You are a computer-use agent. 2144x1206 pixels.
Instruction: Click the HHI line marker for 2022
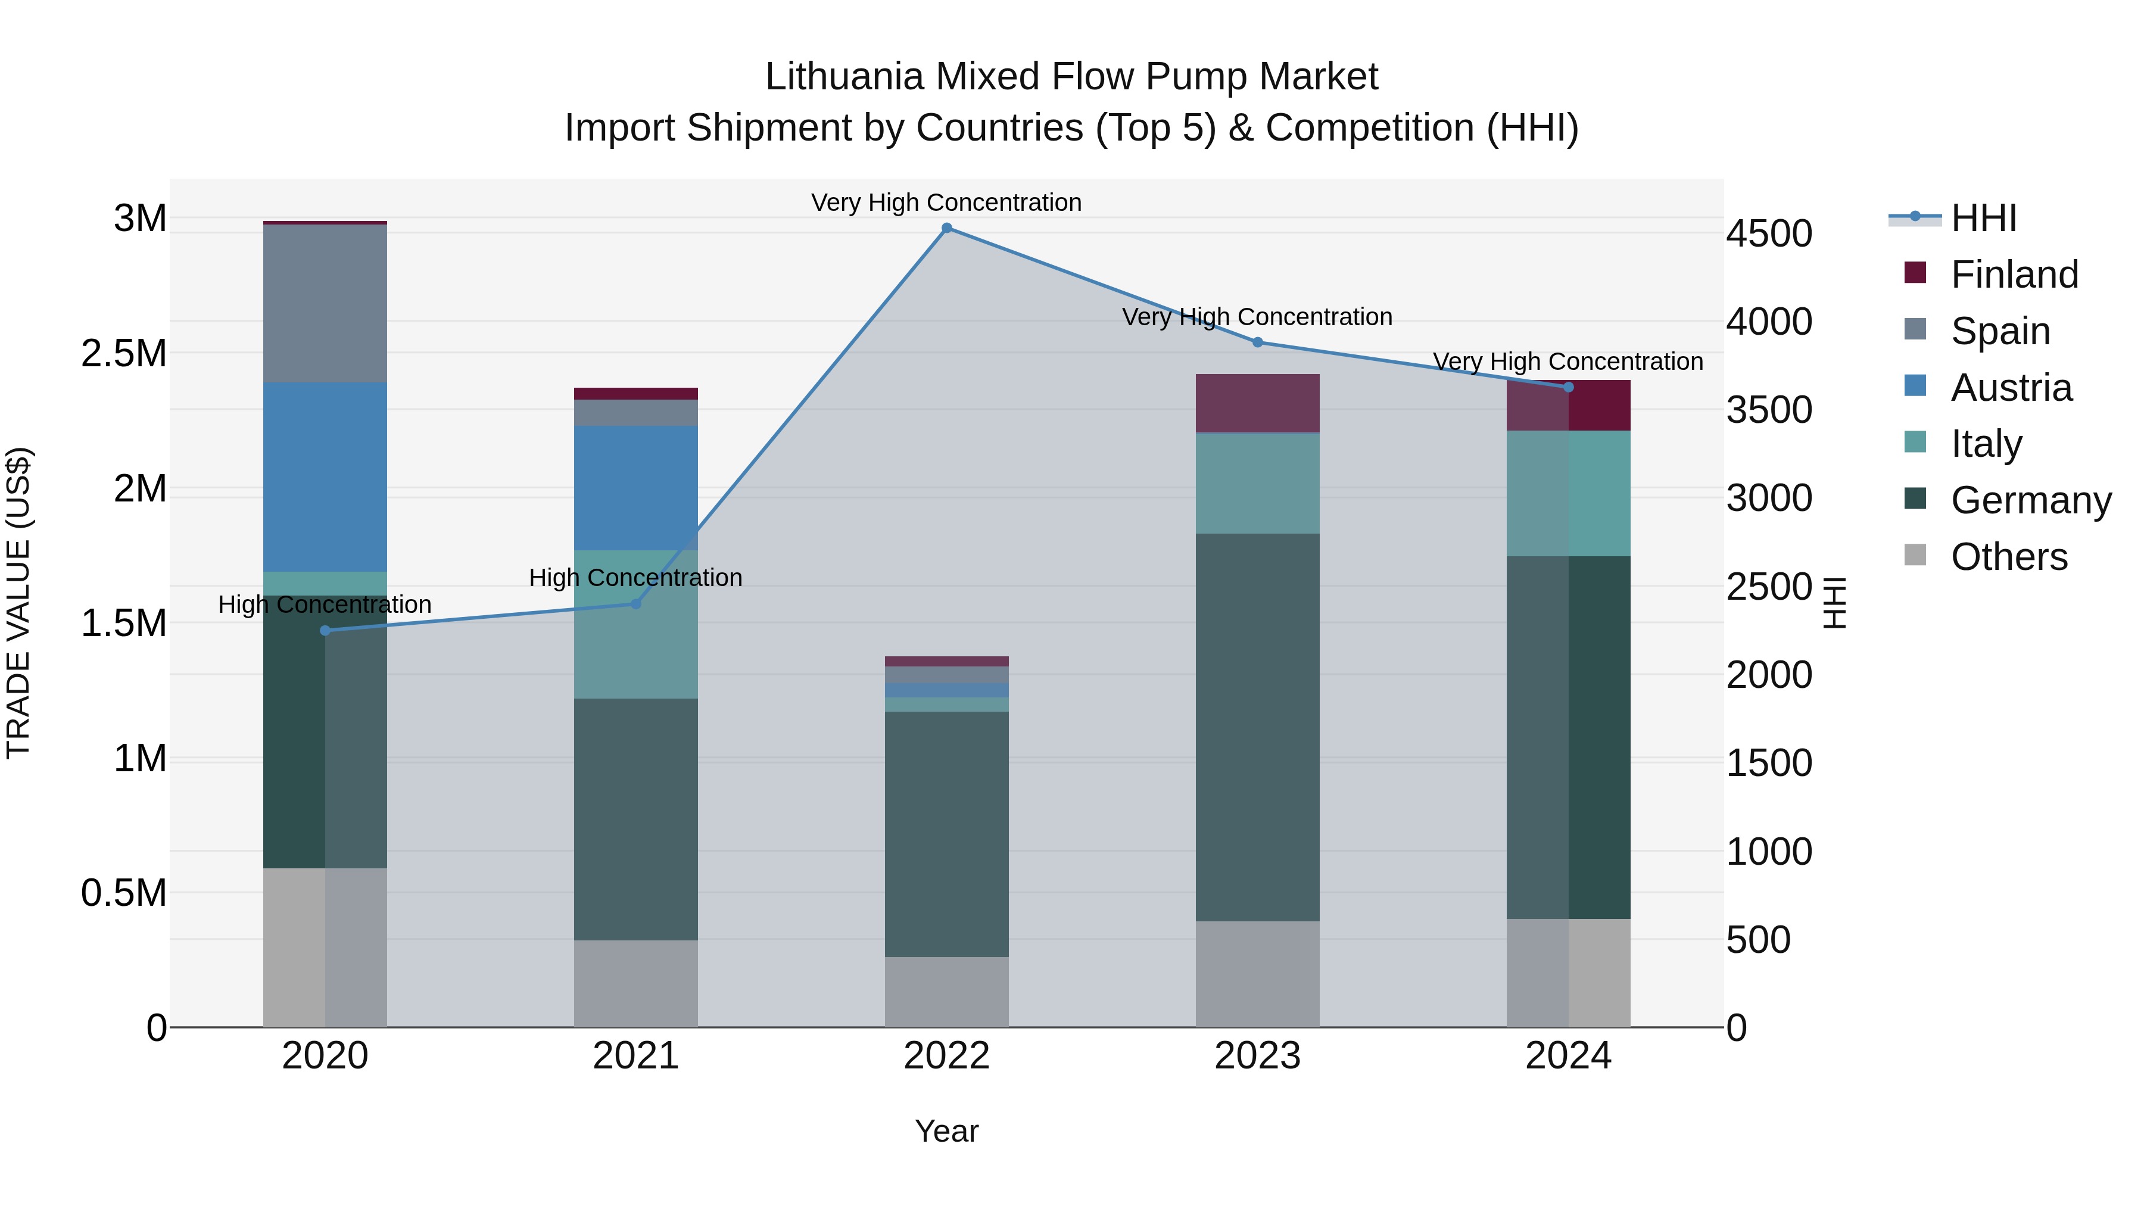pos(946,228)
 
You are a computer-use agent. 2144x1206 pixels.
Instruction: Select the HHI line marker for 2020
pos(325,630)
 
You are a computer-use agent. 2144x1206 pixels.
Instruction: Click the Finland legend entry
pos(2014,275)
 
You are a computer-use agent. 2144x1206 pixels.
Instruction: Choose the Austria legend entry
pos(2010,388)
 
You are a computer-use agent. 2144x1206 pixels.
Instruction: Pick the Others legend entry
pos(2008,557)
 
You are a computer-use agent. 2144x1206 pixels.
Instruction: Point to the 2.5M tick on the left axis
pos(123,354)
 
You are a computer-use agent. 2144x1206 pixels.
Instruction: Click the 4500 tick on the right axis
pos(1769,234)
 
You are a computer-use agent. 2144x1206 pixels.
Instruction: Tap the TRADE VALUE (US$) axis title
pos(18,603)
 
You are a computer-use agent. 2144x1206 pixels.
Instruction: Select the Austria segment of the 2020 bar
pos(325,477)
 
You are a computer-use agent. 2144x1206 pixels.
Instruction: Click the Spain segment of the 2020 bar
pos(325,304)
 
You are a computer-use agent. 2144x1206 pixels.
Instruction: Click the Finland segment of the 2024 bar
pos(1568,406)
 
